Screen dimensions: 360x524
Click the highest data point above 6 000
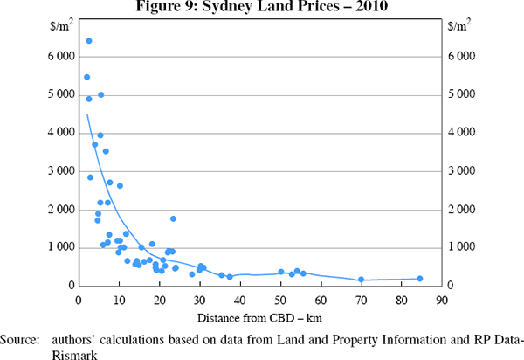coord(89,41)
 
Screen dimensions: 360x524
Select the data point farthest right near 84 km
coord(420,279)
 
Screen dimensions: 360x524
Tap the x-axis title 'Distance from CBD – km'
coord(260,315)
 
